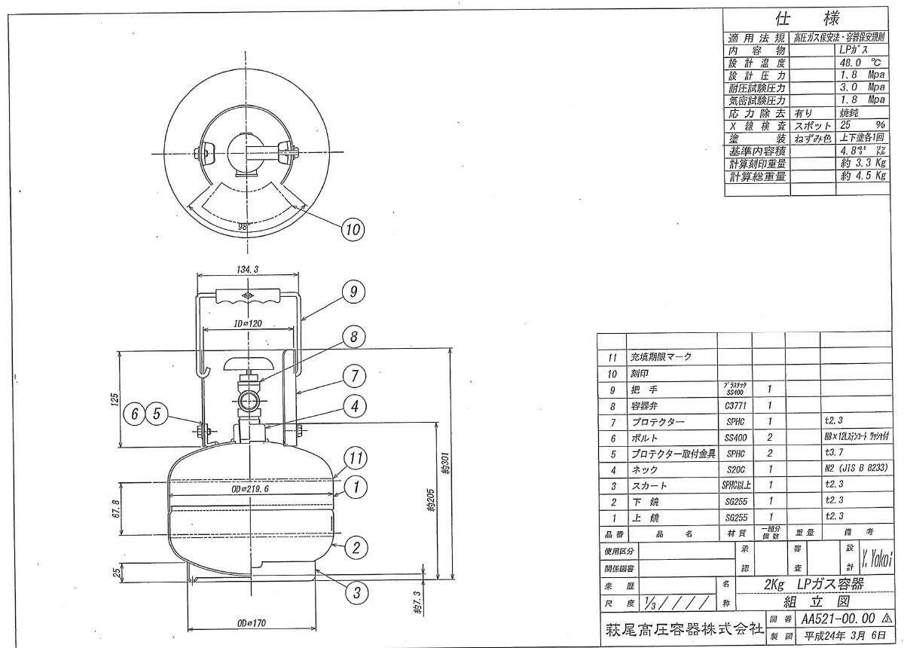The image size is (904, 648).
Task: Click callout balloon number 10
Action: click(353, 229)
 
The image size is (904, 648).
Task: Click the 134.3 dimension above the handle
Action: click(246, 268)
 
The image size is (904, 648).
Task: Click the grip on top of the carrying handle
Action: click(249, 295)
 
